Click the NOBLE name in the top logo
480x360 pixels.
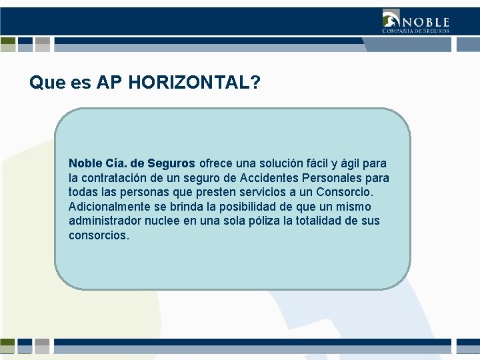[x=425, y=22]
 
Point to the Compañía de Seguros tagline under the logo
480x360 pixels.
[x=415, y=31]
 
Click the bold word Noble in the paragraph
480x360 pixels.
[x=85, y=163]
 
